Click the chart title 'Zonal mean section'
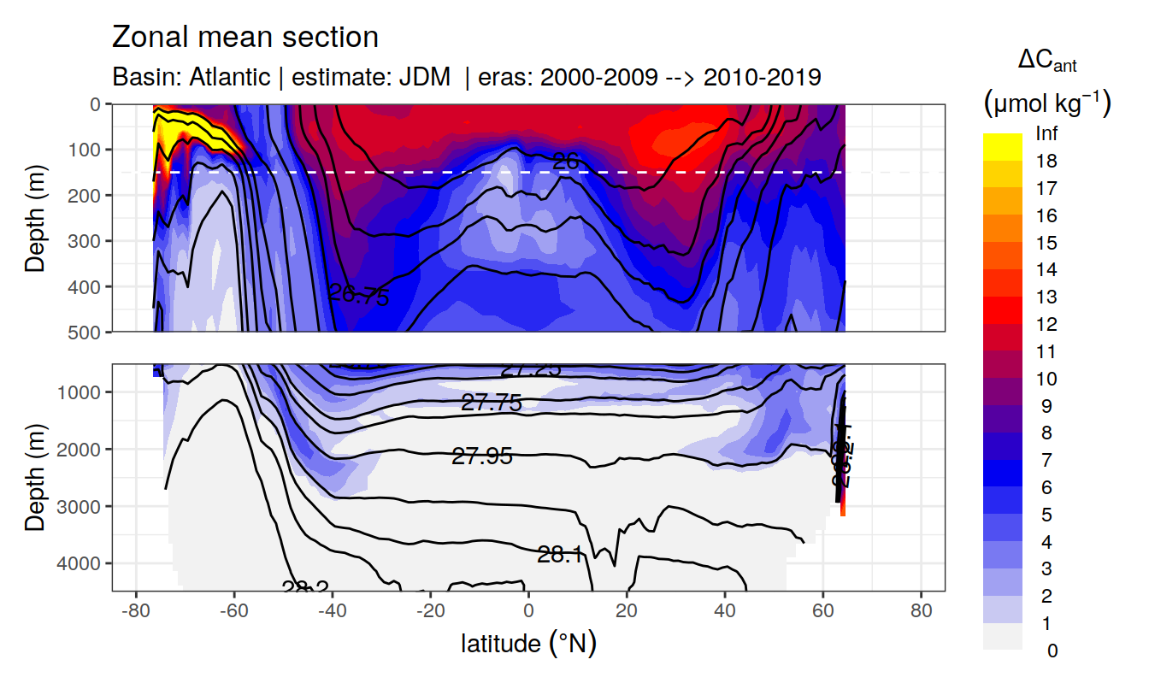coord(245,38)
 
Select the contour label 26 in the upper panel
coord(565,160)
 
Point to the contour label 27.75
coord(491,403)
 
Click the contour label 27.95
coord(482,456)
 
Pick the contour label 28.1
coord(561,555)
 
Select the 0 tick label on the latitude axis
coord(528,612)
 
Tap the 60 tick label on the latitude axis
coord(823,612)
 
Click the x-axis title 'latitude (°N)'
coord(528,643)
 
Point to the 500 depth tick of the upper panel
coord(88,332)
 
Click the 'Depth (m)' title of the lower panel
coord(35,477)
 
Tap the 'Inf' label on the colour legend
coord(1046,133)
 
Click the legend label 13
coord(1046,297)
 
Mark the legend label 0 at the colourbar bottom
coord(1052,651)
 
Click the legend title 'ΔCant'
coord(1047,62)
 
